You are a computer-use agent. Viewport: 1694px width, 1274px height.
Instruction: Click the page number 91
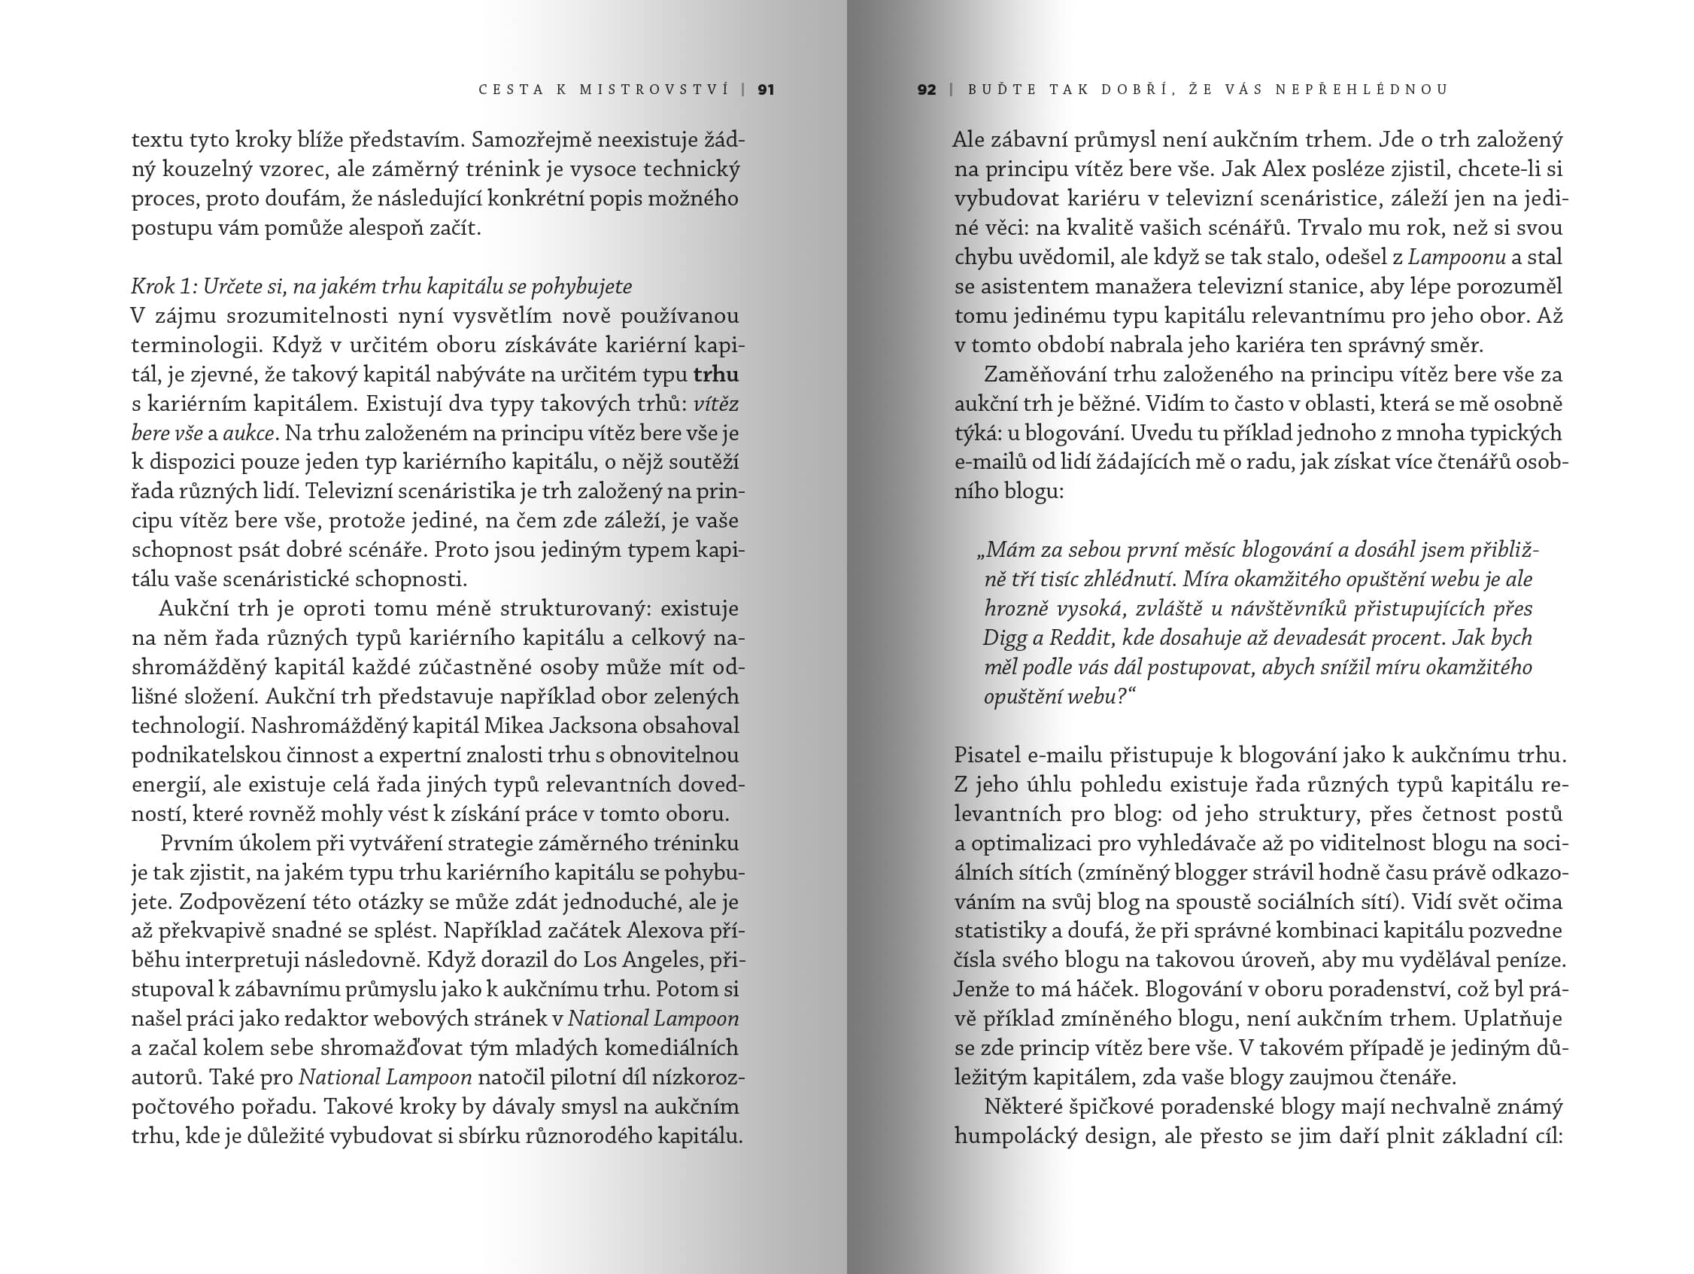(x=765, y=90)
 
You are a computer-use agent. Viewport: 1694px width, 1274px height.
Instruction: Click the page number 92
(x=926, y=90)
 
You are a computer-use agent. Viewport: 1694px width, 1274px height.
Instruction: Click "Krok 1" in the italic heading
(x=162, y=287)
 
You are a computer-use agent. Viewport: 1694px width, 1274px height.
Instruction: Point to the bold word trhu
(x=715, y=375)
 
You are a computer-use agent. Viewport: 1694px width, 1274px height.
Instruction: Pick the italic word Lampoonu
(x=1456, y=257)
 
